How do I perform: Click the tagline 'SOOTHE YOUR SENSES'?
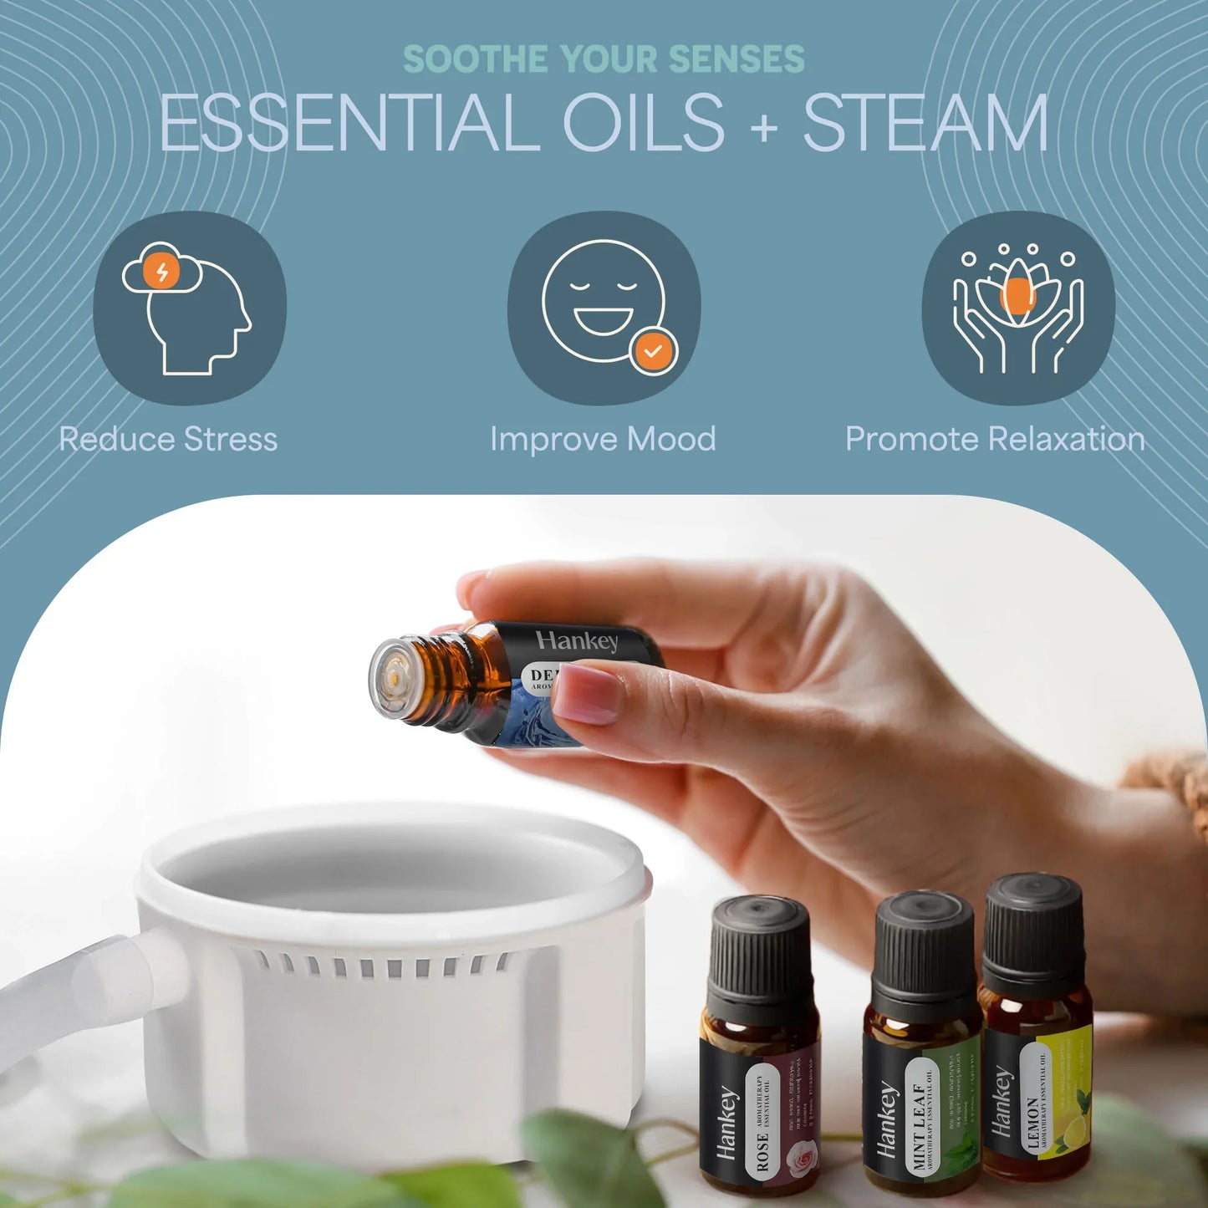point(604,59)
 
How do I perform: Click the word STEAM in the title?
point(925,123)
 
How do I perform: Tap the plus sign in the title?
point(763,126)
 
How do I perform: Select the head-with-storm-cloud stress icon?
point(189,308)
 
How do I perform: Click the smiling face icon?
point(604,302)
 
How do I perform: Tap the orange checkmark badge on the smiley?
point(654,351)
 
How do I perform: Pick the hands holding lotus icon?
point(1017,308)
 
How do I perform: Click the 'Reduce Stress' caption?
point(168,439)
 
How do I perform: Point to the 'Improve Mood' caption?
point(603,439)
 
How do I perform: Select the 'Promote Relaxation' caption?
point(995,439)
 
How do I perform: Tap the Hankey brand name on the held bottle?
point(578,641)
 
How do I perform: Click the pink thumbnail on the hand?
point(588,693)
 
